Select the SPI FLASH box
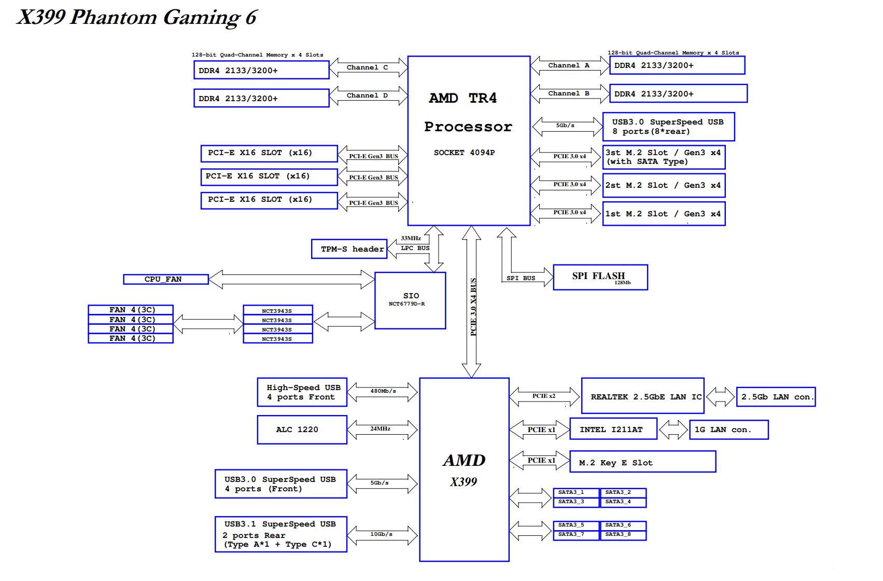click(600, 278)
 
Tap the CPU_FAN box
click(165, 280)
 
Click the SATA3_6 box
click(622, 525)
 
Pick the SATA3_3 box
click(576, 502)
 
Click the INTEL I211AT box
click(612, 430)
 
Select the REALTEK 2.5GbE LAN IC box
click(642, 397)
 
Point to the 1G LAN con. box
click(728, 430)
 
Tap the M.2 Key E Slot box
click(642, 462)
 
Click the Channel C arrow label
click(367, 67)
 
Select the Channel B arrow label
click(568, 93)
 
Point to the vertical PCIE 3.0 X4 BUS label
click(473, 307)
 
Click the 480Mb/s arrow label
click(383, 391)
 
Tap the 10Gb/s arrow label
click(381, 534)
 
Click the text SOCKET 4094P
click(464, 153)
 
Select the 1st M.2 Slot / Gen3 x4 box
click(664, 214)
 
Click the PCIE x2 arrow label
click(543, 396)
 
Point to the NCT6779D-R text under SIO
click(407, 304)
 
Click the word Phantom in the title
click(114, 18)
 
